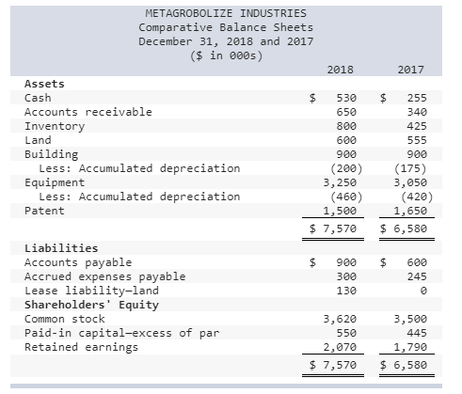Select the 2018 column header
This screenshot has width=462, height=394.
[x=340, y=70]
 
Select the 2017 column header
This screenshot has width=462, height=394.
[x=411, y=70]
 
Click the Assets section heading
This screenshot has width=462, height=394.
[x=44, y=84]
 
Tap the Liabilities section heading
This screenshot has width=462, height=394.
[x=60, y=248]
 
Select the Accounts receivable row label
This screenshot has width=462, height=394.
[x=88, y=112]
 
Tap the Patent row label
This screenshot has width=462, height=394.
[x=44, y=211]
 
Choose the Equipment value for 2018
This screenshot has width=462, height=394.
[x=342, y=182]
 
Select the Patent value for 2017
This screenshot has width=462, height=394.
[x=413, y=211]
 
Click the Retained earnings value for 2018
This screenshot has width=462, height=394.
[x=342, y=348]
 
